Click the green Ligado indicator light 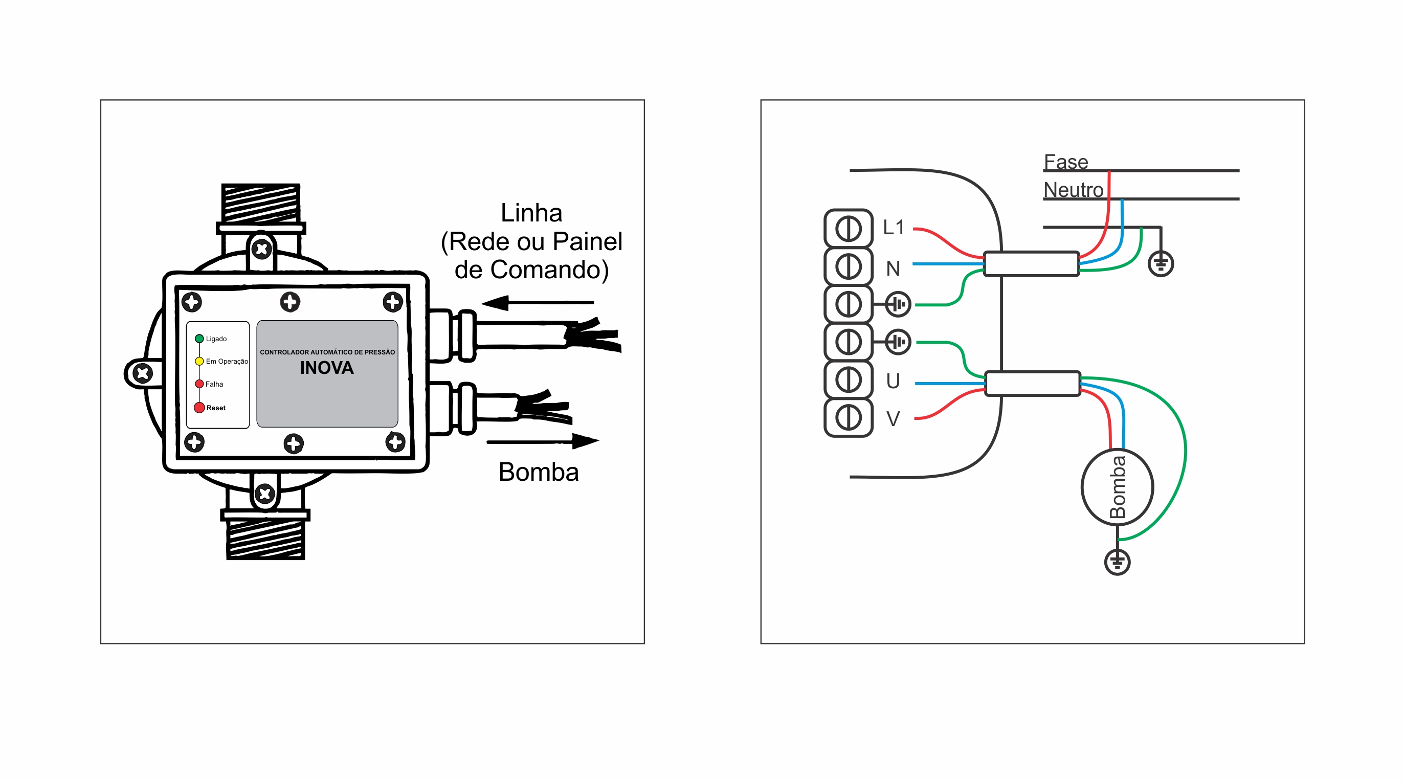coord(199,339)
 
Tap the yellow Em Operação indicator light coord(199,361)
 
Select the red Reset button coord(199,407)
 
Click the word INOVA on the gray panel coord(327,368)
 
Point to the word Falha coord(214,384)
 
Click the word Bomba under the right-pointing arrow coord(539,472)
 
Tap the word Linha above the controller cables coord(531,213)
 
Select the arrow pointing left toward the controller coord(537,302)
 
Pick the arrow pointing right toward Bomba coord(543,441)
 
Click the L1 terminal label coord(894,228)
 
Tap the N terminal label coord(893,269)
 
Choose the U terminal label coord(893,381)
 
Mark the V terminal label coord(893,419)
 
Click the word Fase coord(1066,162)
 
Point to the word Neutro coord(1074,190)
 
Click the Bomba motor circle coord(1117,487)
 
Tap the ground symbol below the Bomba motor coord(1117,562)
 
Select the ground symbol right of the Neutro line coord(1161,264)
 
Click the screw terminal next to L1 coord(848,229)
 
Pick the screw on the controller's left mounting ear coord(143,373)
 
